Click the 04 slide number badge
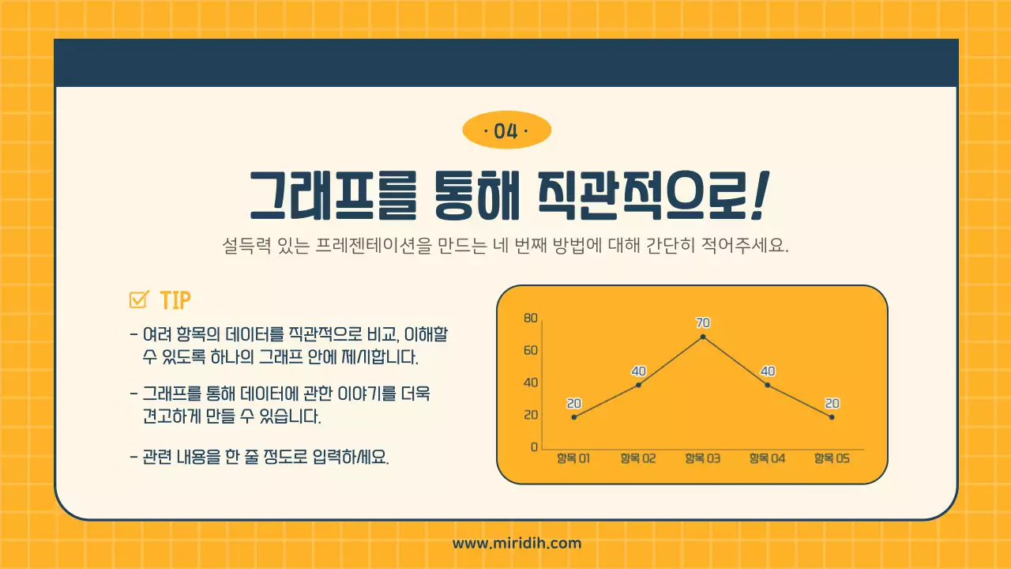point(505,131)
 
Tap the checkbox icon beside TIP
point(139,300)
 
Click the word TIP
point(175,301)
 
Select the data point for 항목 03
point(702,337)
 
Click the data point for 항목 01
point(574,417)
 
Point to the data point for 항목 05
point(832,417)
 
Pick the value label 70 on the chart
point(702,322)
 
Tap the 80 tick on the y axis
point(530,318)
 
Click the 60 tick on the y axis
point(530,351)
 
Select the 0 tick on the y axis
point(534,447)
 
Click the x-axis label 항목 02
point(637,458)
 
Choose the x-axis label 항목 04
point(767,458)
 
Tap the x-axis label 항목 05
point(832,458)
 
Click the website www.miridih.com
point(517,543)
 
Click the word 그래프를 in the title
point(332,198)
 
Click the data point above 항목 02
point(638,385)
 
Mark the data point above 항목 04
point(767,385)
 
